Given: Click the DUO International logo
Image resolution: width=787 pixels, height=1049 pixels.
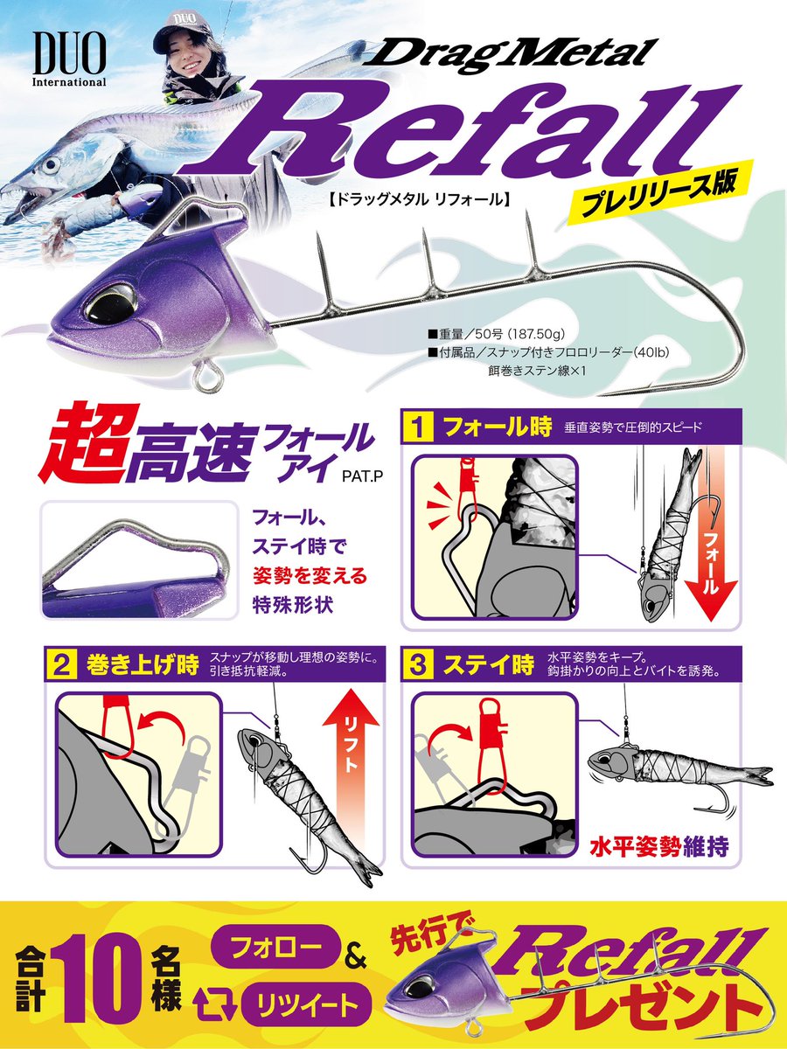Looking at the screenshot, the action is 69,59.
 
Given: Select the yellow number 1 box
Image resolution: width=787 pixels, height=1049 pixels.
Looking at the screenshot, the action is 418,427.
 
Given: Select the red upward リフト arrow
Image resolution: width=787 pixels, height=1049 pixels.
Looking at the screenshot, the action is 352,751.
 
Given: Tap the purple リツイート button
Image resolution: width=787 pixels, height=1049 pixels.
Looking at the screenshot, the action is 306,994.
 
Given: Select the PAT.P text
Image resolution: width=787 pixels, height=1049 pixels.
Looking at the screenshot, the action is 363,476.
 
